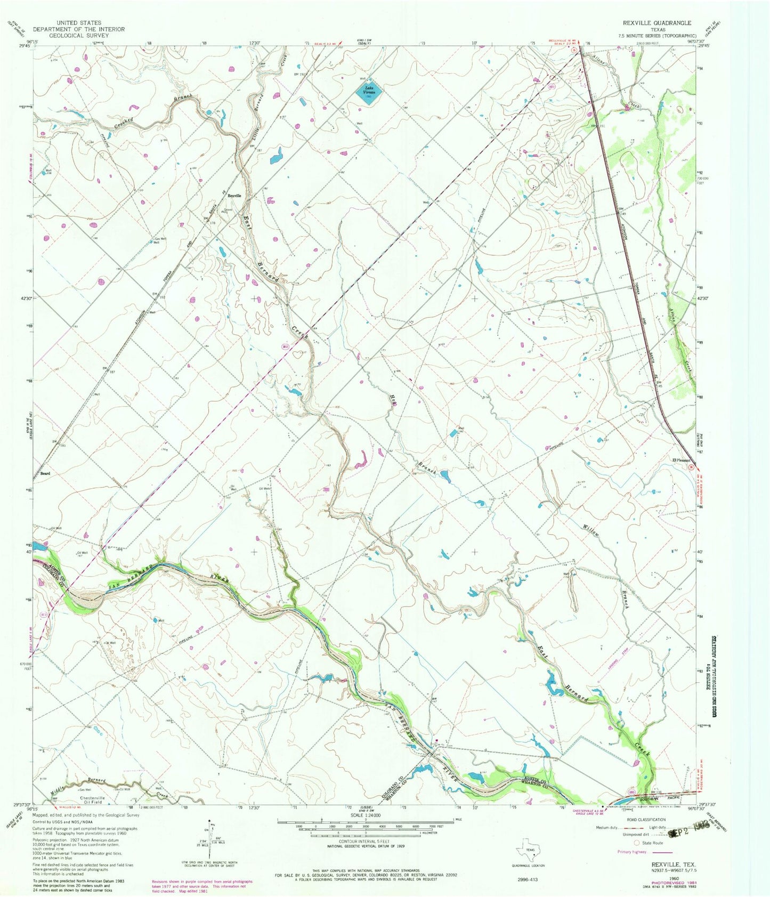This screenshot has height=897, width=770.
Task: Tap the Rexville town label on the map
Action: pos(235,196)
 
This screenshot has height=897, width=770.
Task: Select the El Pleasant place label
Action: pos(680,460)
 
